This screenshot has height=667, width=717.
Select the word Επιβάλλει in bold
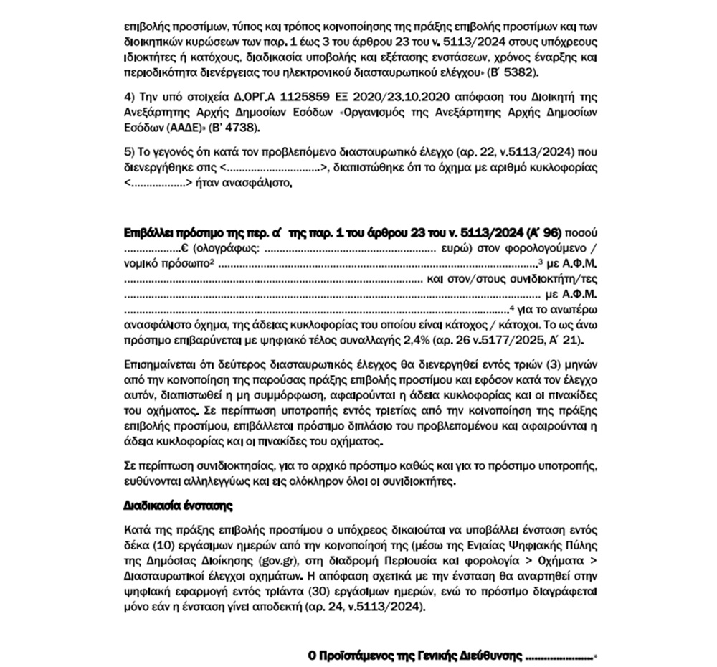click(150, 233)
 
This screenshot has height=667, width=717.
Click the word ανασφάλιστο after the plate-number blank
click(260, 184)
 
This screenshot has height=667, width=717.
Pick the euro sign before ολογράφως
click(184, 249)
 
